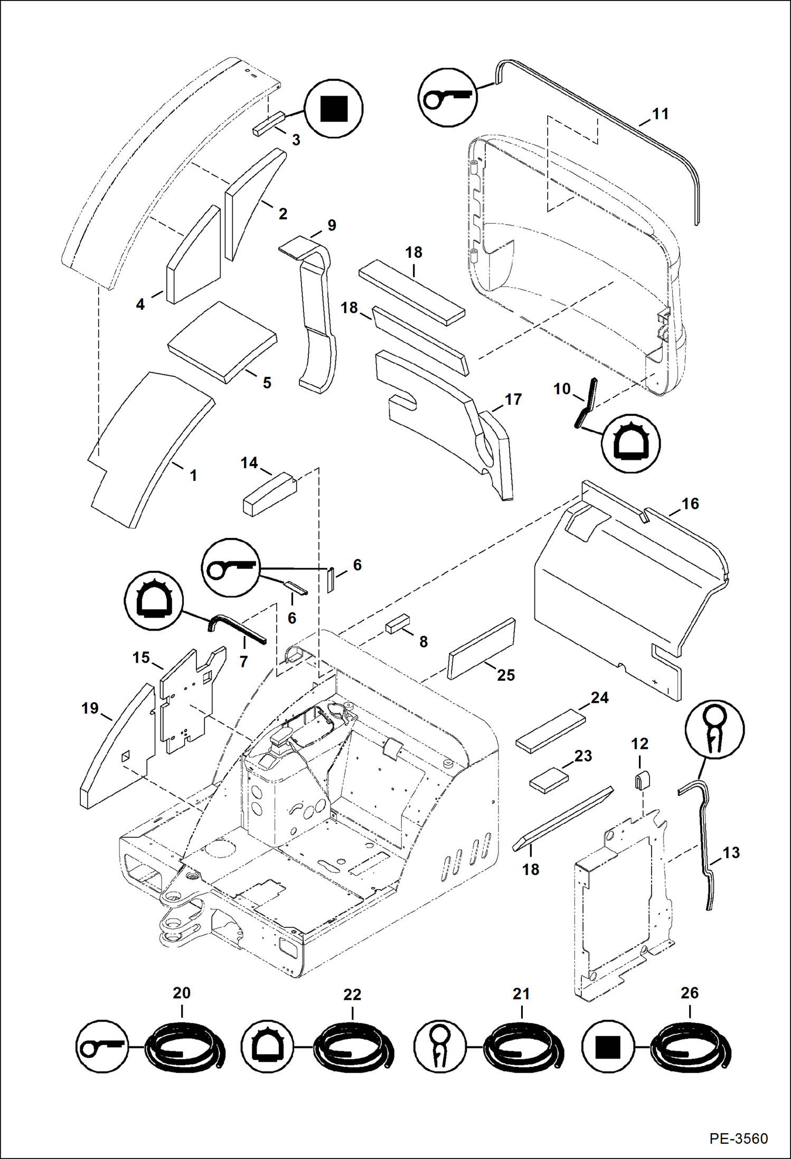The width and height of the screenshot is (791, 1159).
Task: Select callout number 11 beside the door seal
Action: pos(660,114)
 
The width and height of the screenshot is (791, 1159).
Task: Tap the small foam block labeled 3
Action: pos(268,124)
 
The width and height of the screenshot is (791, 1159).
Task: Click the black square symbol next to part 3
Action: pos(334,108)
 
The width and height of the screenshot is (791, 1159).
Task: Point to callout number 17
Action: pos(513,399)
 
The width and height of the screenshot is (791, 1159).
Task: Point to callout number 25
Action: pos(505,675)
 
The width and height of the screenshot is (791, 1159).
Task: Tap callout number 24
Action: pos(599,698)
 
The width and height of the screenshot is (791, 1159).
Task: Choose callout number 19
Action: pos(90,708)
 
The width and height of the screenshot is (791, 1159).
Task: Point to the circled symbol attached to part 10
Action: pos(631,442)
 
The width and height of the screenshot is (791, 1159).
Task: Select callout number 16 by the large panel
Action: pos(690,503)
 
